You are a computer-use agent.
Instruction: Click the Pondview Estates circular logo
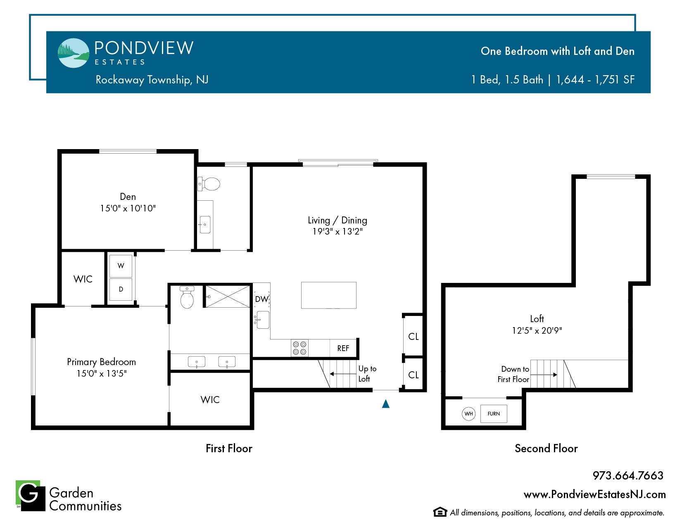click(x=74, y=53)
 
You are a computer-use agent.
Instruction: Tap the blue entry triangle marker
click(x=386, y=404)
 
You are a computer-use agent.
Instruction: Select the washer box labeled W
click(x=121, y=266)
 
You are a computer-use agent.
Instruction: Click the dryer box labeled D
click(x=121, y=289)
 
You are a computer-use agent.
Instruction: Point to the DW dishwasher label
click(x=262, y=299)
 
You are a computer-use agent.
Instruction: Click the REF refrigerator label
click(x=343, y=348)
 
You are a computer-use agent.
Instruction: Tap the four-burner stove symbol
click(x=299, y=348)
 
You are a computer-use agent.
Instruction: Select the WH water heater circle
click(x=468, y=414)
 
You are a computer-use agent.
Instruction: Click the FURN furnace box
click(x=494, y=414)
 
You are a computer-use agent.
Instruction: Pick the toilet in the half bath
click(x=209, y=184)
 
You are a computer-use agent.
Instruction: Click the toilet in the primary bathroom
click(x=187, y=297)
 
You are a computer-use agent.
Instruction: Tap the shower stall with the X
click(x=228, y=297)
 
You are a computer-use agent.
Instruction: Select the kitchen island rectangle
click(x=328, y=295)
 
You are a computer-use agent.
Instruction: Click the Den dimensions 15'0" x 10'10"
click(x=128, y=208)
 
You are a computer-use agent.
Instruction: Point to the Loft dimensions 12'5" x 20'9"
click(x=537, y=331)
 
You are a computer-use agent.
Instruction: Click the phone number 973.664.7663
click(x=628, y=476)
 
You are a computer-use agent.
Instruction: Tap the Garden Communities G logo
click(x=31, y=496)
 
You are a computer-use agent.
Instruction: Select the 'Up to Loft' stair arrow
click(x=343, y=374)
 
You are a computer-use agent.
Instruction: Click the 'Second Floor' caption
click(x=546, y=449)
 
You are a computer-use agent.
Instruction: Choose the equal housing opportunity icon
click(x=440, y=512)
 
